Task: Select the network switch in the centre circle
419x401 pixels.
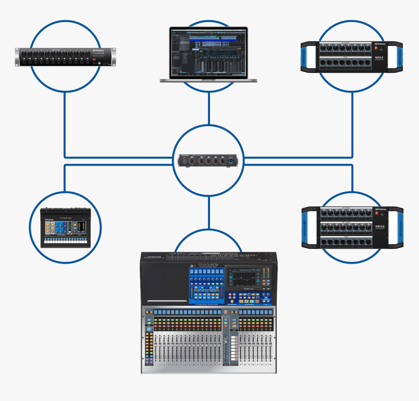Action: click(209, 160)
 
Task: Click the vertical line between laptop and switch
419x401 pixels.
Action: click(209, 108)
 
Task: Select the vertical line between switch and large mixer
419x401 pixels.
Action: click(209, 212)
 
